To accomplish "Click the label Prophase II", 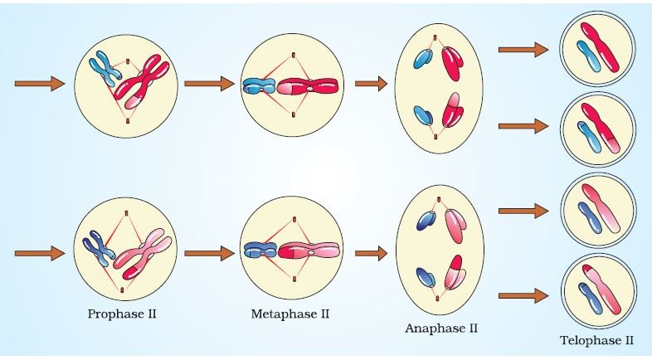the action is pyautogui.click(x=122, y=314).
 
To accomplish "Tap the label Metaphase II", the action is pyautogui.click(x=290, y=314).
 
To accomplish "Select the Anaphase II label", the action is pyautogui.click(x=441, y=328).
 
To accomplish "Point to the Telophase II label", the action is pyautogui.click(x=596, y=340).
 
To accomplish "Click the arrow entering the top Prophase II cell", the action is pyautogui.click(x=40, y=84).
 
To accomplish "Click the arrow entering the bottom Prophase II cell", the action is pyautogui.click(x=40, y=253).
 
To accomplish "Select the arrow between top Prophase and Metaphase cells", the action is pyautogui.click(x=210, y=84).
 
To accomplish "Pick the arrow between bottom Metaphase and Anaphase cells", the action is pyautogui.click(x=372, y=253).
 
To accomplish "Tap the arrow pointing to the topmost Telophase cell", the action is pyautogui.click(x=523, y=50).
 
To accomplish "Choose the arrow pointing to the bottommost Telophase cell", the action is pyautogui.click(x=523, y=296).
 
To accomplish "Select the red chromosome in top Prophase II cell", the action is pyautogui.click(x=141, y=80).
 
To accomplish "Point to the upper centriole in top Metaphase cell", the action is pyautogui.click(x=293, y=55).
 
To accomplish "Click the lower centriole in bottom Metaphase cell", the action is pyautogui.click(x=294, y=279).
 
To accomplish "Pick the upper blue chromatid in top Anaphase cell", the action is pyautogui.click(x=423, y=59).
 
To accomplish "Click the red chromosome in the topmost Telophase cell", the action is pyautogui.click(x=600, y=47).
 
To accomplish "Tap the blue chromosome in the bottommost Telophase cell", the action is pyautogui.click(x=590, y=298).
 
